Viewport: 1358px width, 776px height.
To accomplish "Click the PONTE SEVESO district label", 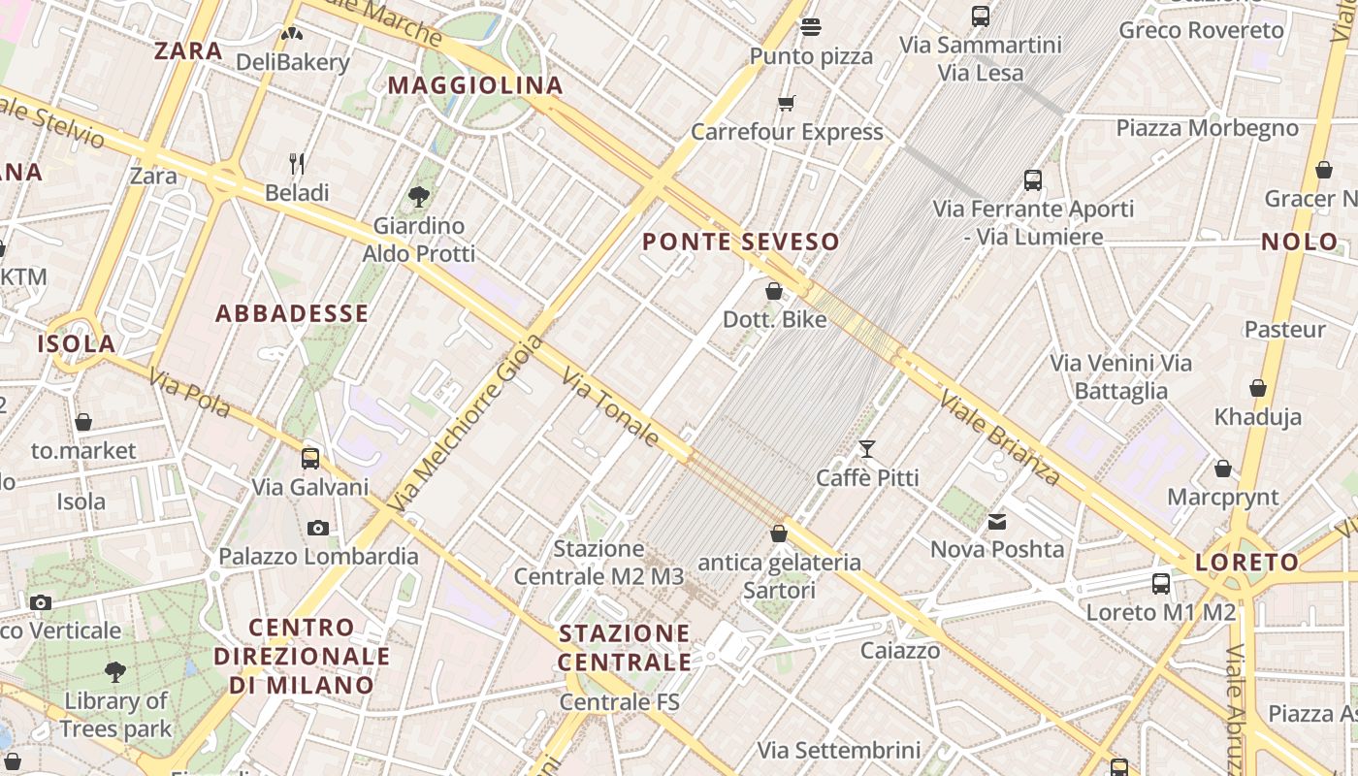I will point(740,242).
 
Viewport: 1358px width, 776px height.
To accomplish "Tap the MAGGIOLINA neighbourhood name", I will point(475,85).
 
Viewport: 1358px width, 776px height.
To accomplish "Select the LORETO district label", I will point(1246,562).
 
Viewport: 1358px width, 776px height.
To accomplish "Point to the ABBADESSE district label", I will point(292,313).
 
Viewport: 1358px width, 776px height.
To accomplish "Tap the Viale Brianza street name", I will point(999,436).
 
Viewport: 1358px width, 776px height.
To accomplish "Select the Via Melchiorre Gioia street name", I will point(466,424).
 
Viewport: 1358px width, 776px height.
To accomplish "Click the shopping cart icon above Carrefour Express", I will point(787,103).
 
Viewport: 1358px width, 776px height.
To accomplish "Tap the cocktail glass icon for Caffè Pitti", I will point(866,449).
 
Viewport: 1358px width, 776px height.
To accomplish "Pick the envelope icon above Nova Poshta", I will point(997,522).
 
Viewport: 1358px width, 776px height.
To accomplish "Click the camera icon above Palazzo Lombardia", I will point(317,529).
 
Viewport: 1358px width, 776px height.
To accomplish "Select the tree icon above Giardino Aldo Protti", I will point(419,197).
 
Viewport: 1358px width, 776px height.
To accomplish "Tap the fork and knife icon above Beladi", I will point(297,163).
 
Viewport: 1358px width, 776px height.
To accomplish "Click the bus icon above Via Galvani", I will point(310,458).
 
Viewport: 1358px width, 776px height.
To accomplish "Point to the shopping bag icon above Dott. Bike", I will point(774,290).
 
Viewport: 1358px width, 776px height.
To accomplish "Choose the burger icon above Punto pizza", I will point(811,27).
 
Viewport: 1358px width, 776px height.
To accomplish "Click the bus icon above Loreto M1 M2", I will point(1161,583).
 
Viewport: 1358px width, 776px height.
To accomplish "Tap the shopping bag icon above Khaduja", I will point(1258,388).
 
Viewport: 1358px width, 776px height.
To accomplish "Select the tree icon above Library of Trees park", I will point(115,671).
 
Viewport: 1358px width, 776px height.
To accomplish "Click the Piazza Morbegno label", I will point(1207,128).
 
